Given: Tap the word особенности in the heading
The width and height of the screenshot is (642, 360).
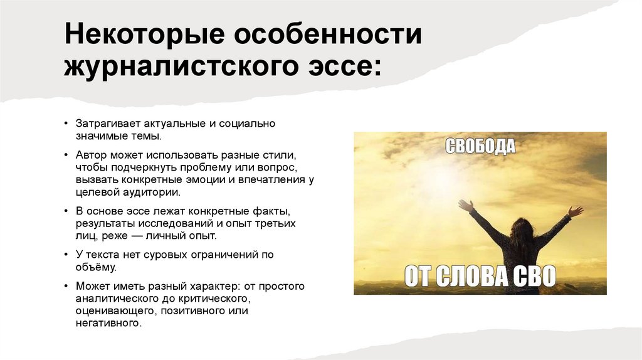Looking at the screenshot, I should tap(329, 36).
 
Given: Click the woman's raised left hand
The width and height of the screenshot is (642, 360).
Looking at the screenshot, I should tap(575, 211).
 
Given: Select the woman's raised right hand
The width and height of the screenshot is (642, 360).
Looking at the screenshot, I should tap(465, 206).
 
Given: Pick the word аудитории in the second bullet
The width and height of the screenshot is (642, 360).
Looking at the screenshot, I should tap(151, 192).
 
